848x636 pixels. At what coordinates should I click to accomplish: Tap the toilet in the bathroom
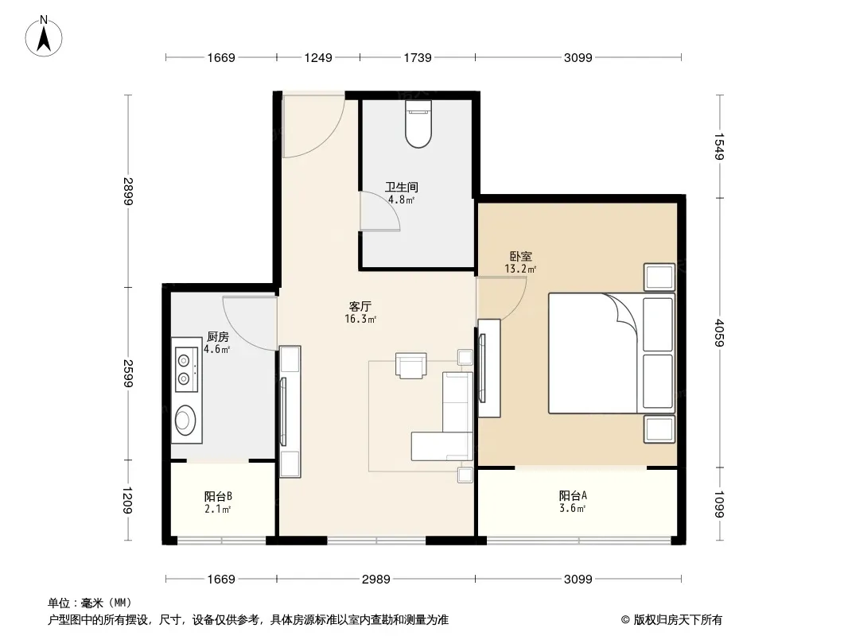coord(418,124)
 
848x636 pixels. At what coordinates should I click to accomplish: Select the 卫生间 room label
coord(401,187)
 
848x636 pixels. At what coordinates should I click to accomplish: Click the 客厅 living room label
coord(360,306)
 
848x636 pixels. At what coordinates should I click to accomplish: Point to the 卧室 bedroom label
coord(521,256)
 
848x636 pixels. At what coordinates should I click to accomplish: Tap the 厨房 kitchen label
coord(217,336)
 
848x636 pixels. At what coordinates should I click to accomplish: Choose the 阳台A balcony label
coord(573,495)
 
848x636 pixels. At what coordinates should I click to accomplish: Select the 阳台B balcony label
coord(219,496)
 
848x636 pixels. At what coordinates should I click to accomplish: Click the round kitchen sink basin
coord(185,420)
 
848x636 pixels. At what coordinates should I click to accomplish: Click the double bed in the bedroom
coord(612,354)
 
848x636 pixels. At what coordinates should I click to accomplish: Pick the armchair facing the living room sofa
coord(411,365)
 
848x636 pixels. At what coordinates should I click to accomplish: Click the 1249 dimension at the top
coord(318,57)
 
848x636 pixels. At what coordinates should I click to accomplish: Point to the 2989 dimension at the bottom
coord(375,580)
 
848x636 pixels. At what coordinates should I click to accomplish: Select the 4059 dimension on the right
coord(719,333)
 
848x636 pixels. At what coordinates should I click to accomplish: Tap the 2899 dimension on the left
coord(128,192)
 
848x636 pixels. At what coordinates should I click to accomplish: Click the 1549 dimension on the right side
coord(719,146)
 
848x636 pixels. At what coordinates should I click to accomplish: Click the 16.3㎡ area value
coord(360,319)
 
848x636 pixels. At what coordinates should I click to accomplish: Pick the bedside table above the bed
coord(659,277)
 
